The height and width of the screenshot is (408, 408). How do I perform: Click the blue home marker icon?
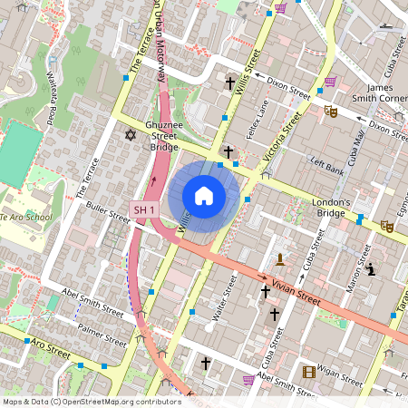[204, 196]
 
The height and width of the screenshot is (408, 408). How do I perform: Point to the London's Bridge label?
[330, 208]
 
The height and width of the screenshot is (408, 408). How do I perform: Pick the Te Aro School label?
[25, 219]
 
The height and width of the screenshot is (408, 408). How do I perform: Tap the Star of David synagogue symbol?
[130, 135]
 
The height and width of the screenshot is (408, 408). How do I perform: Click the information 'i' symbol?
[372, 269]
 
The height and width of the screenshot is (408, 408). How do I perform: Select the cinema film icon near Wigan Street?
[309, 372]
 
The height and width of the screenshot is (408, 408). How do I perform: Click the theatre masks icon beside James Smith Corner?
[331, 111]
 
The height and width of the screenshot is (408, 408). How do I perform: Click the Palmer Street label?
[102, 336]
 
